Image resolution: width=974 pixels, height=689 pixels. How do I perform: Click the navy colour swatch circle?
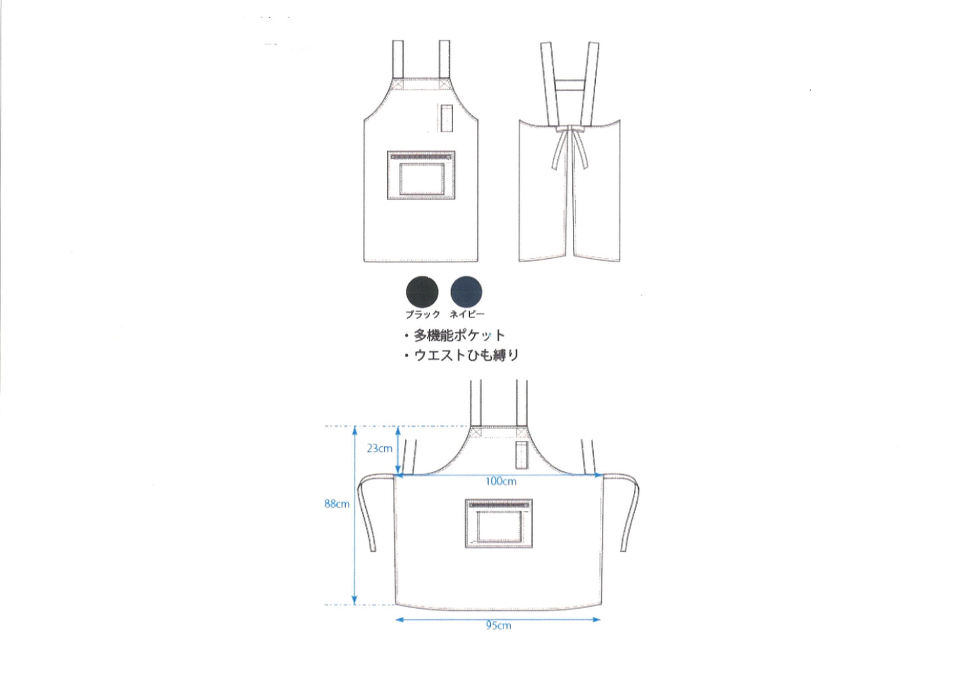(466, 292)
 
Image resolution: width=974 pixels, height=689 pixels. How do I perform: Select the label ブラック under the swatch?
(423, 314)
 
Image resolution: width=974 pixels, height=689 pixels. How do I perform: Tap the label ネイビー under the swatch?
(467, 314)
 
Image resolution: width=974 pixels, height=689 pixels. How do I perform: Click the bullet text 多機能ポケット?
(459, 335)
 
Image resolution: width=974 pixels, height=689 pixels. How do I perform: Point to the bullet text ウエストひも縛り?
(466, 355)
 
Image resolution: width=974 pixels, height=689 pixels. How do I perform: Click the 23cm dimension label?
(379, 448)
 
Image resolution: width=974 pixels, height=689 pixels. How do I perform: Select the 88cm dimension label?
(337, 504)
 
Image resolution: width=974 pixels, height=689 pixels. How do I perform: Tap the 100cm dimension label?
(501, 481)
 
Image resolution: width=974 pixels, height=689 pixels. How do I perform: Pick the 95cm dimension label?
(498, 626)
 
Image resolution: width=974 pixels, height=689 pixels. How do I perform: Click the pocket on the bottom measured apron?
(499, 523)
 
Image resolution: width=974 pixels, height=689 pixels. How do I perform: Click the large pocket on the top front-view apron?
(421, 175)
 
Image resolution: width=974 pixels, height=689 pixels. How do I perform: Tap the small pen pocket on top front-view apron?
(447, 117)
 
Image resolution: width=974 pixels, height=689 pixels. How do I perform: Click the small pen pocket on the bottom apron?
(522, 455)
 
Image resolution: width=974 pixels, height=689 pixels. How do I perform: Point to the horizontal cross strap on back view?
(570, 85)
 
